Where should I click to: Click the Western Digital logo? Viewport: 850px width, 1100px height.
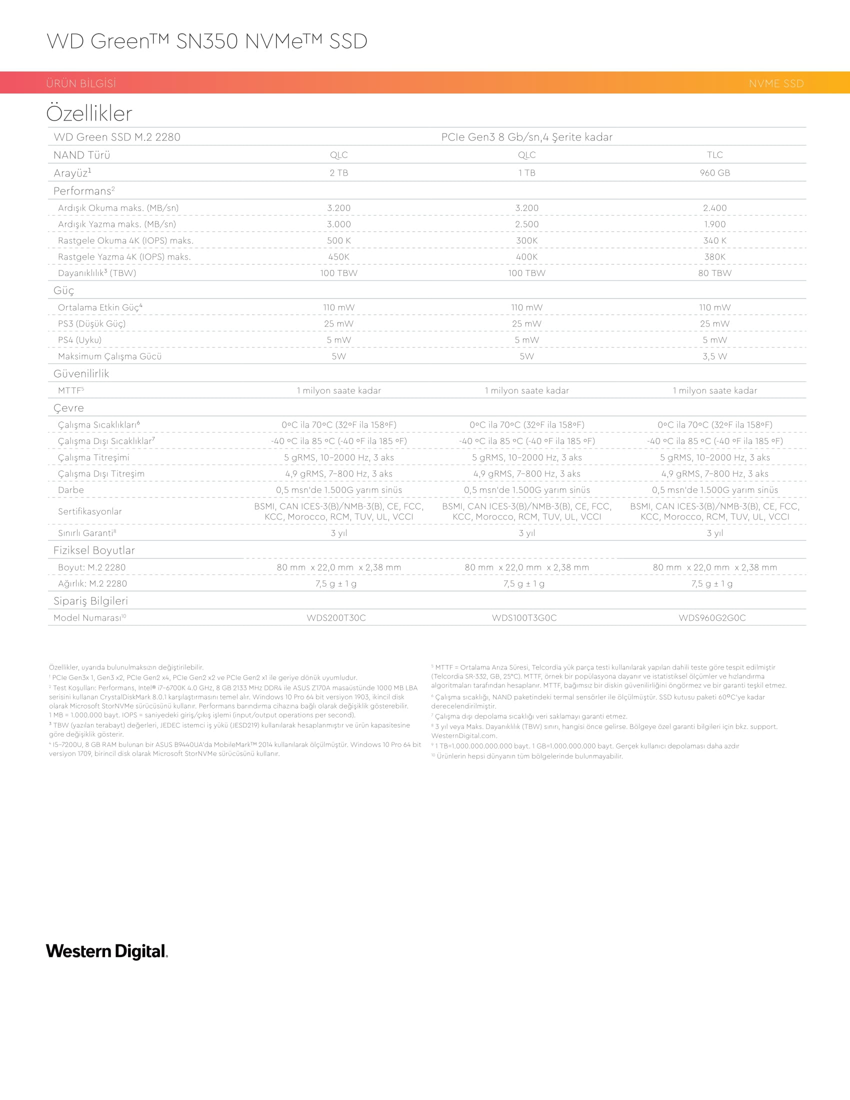[x=107, y=951]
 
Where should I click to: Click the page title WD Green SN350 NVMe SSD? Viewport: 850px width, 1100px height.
[x=207, y=41]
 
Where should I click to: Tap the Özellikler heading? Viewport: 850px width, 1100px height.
[x=89, y=113]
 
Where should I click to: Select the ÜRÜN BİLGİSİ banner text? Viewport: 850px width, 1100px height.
[x=81, y=83]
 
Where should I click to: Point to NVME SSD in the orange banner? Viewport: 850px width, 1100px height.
[x=776, y=83]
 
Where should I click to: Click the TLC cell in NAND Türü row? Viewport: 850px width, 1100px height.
[x=714, y=155]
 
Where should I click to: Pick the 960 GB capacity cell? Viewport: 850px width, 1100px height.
[x=714, y=173]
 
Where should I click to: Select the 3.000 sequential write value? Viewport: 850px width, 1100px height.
[x=339, y=224]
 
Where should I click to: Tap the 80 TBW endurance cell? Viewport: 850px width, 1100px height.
[x=714, y=273]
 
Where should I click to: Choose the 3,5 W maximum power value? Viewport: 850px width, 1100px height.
[x=714, y=356]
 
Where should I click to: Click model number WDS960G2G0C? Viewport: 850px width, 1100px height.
[x=712, y=618]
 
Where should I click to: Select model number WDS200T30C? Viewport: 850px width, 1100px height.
[x=336, y=618]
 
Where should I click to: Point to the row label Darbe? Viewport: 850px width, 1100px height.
[x=71, y=490]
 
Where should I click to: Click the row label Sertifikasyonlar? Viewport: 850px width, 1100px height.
[x=89, y=511]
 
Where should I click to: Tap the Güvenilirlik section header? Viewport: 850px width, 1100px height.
[x=81, y=373]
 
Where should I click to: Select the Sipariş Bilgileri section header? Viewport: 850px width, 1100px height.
[x=90, y=601]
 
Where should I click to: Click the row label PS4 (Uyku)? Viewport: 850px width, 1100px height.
[x=79, y=340]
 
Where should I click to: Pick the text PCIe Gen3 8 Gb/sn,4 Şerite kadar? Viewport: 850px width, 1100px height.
[x=526, y=137]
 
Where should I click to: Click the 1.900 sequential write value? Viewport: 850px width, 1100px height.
[x=714, y=224]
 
